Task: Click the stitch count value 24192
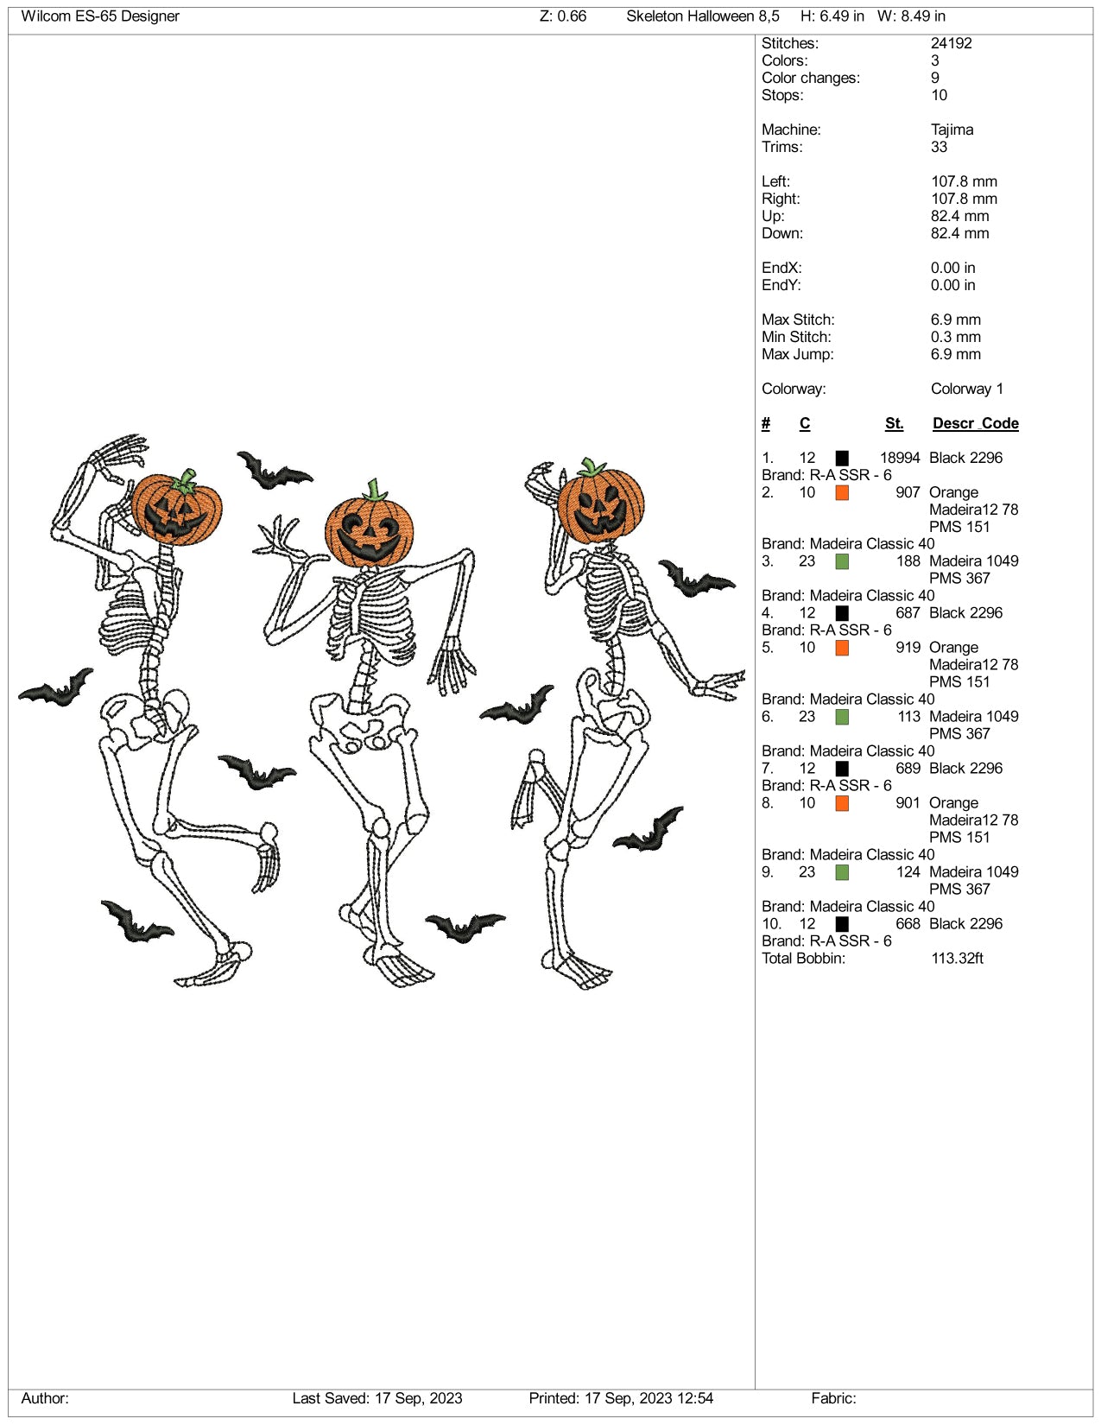coord(951,43)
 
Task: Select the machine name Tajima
coord(952,130)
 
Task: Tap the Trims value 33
coord(939,147)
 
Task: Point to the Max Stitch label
coord(798,320)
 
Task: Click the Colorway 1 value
coord(966,389)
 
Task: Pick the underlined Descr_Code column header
coord(975,424)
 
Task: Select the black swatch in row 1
coord(842,458)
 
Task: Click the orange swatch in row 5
coord(842,648)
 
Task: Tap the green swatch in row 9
coord(842,872)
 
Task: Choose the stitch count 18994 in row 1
coord(900,458)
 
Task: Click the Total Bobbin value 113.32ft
coord(957,959)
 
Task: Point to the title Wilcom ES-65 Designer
coord(100,16)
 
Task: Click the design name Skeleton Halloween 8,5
coord(702,16)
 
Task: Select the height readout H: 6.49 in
coord(832,16)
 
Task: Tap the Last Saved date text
coord(377,1398)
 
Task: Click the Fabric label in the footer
coord(833,1398)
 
